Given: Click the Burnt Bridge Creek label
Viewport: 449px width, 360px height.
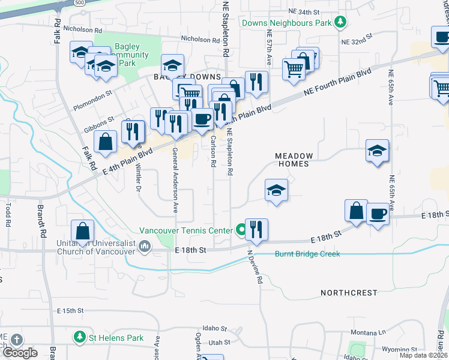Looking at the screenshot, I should [x=307, y=254].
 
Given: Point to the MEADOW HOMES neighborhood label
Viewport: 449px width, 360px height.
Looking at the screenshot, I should [x=292, y=160].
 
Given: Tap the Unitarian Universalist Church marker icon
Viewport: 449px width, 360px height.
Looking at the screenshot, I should [x=145, y=245].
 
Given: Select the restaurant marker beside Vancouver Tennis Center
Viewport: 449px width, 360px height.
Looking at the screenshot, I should [x=256, y=229].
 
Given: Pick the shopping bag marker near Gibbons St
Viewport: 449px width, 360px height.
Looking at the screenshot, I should [x=106, y=142].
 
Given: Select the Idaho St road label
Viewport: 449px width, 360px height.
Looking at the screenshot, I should [x=214, y=329].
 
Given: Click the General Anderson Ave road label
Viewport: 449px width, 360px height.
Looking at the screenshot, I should [x=175, y=180].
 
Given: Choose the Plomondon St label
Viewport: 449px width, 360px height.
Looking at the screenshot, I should [x=93, y=94].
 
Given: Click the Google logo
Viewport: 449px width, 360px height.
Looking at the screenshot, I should [x=20, y=353].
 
